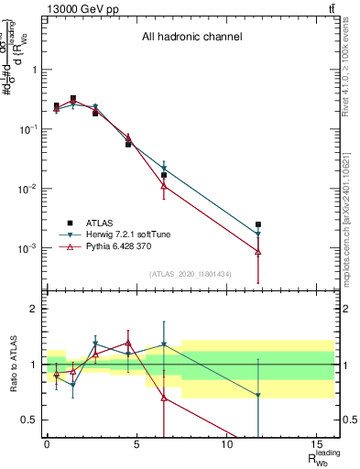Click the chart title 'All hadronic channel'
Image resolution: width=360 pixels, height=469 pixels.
191,38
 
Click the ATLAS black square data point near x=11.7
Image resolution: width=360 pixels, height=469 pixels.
258,224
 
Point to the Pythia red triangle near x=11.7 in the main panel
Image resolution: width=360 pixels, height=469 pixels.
258,252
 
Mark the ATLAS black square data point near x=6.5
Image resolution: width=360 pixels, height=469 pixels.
164,175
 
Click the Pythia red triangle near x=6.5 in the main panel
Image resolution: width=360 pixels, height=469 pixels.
164,186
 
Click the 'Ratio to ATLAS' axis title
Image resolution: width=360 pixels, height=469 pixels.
12,364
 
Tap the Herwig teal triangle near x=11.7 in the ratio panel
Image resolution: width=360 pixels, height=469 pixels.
258,396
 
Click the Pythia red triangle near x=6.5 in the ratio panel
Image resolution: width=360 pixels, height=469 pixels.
164,398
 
